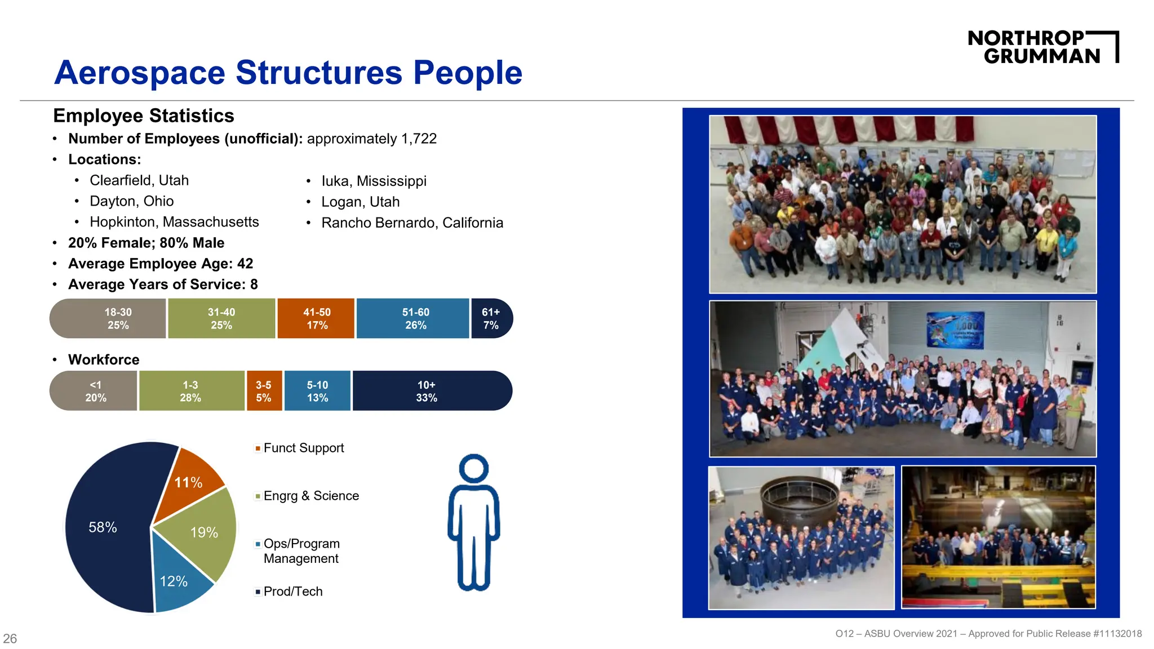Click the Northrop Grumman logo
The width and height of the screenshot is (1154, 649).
click(x=1042, y=47)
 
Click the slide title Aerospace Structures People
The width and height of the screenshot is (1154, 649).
click(x=288, y=73)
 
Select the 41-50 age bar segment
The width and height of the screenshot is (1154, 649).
click(x=316, y=318)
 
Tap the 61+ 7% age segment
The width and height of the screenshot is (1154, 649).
click(x=491, y=318)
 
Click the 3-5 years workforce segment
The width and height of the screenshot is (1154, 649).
click(x=264, y=391)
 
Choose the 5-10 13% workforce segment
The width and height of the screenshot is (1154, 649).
click(x=317, y=391)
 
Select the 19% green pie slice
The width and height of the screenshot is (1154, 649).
click(x=206, y=532)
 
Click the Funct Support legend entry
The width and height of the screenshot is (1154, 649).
click(x=303, y=448)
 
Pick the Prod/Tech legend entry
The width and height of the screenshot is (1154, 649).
click(x=292, y=592)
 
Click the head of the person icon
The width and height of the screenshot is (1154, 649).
click(x=474, y=469)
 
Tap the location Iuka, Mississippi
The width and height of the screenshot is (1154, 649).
click(x=374, y=181)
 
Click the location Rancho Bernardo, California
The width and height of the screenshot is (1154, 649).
click(x=412, y=223)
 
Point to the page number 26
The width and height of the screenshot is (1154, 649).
click(x=10, y=638)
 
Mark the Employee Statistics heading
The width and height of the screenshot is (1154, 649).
click(x=144, y=115)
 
